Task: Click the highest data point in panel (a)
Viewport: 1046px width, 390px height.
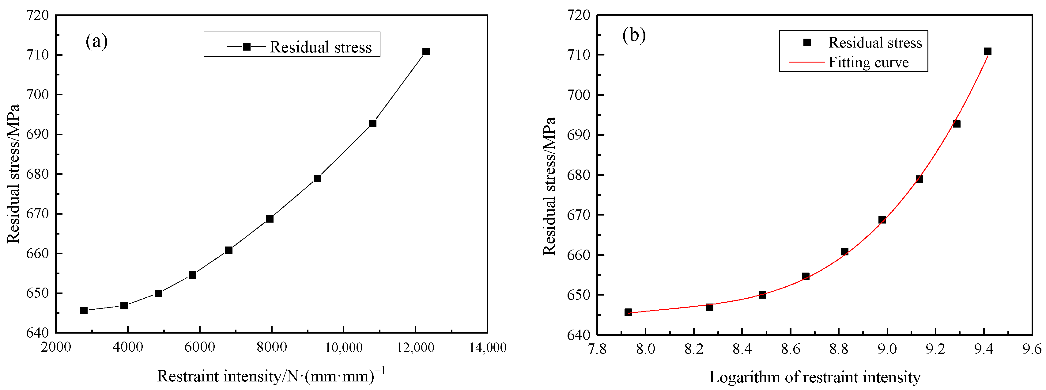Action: coord(425,52)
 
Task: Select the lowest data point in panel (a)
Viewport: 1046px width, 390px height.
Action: coord(84,311)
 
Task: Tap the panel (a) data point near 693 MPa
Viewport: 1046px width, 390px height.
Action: coord(372,124)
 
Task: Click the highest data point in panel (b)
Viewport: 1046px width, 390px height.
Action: coord(987,51)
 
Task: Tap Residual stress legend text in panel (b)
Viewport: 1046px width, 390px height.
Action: coord(875,43)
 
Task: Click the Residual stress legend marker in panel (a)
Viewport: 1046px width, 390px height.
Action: coord(246,47)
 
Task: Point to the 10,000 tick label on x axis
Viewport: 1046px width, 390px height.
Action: coord(344,347)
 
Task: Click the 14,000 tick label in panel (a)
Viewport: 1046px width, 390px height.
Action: coord(488,347)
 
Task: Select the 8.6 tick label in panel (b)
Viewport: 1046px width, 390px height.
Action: coord(790,349)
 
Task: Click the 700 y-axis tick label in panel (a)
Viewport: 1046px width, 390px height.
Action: coord(37,95)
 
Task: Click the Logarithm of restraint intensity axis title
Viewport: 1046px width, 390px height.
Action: coord(814,377)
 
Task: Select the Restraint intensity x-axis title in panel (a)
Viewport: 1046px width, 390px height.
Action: coord(271,376)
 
